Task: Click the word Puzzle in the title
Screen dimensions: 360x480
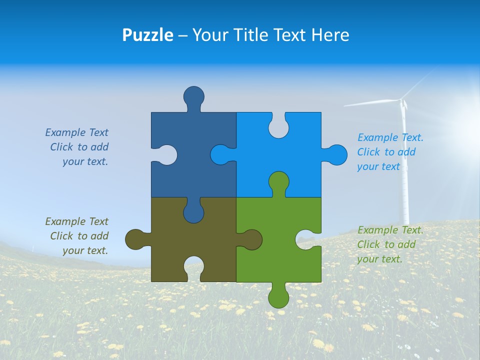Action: pos(147,35)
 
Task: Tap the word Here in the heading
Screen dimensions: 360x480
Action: pos(330,35)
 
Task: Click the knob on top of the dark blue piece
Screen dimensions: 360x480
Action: pos(194,96)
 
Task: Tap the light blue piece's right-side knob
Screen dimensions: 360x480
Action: pos(336,154)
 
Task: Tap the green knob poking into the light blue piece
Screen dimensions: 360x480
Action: pos(278,182)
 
